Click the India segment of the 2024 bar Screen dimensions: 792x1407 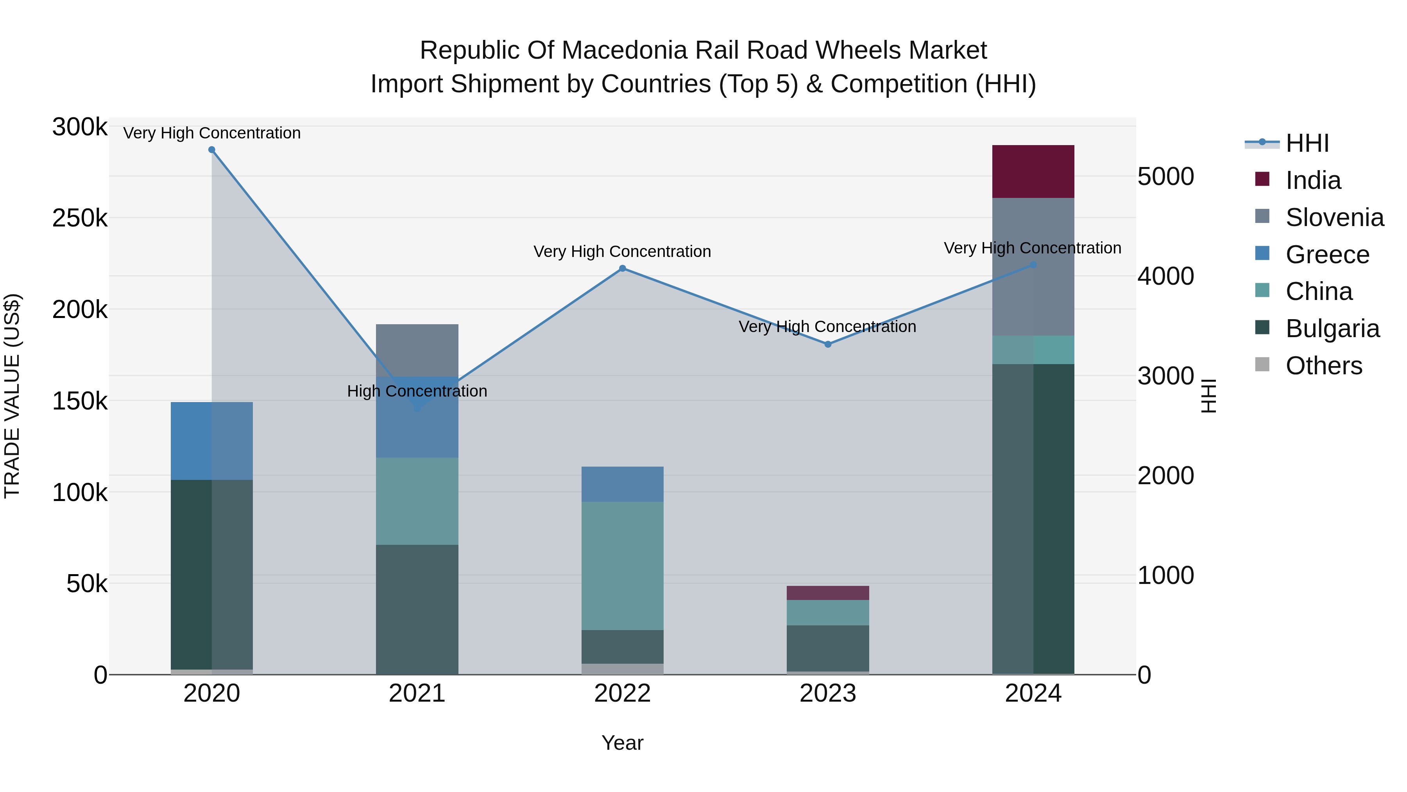tap(1033, 171)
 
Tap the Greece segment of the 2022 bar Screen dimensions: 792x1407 tap(622, 484)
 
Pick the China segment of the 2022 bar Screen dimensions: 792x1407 tap(622, 565)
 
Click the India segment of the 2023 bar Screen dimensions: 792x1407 tap(827, 593)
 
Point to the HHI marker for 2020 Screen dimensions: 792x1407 tap(212, 150)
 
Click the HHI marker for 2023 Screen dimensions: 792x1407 tap(827, 344)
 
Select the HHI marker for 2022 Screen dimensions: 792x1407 tap(622, 268)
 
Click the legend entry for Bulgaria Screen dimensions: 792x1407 tap(1332, 329)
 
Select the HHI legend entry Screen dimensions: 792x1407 tap(1307, 143)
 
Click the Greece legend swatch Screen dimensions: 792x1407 tap(1262, 253)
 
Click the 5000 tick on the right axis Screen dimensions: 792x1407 tap(1165, 176)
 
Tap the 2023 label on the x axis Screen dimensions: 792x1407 tap(827, 693)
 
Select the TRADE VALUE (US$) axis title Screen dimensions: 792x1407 tap(12, 396)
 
